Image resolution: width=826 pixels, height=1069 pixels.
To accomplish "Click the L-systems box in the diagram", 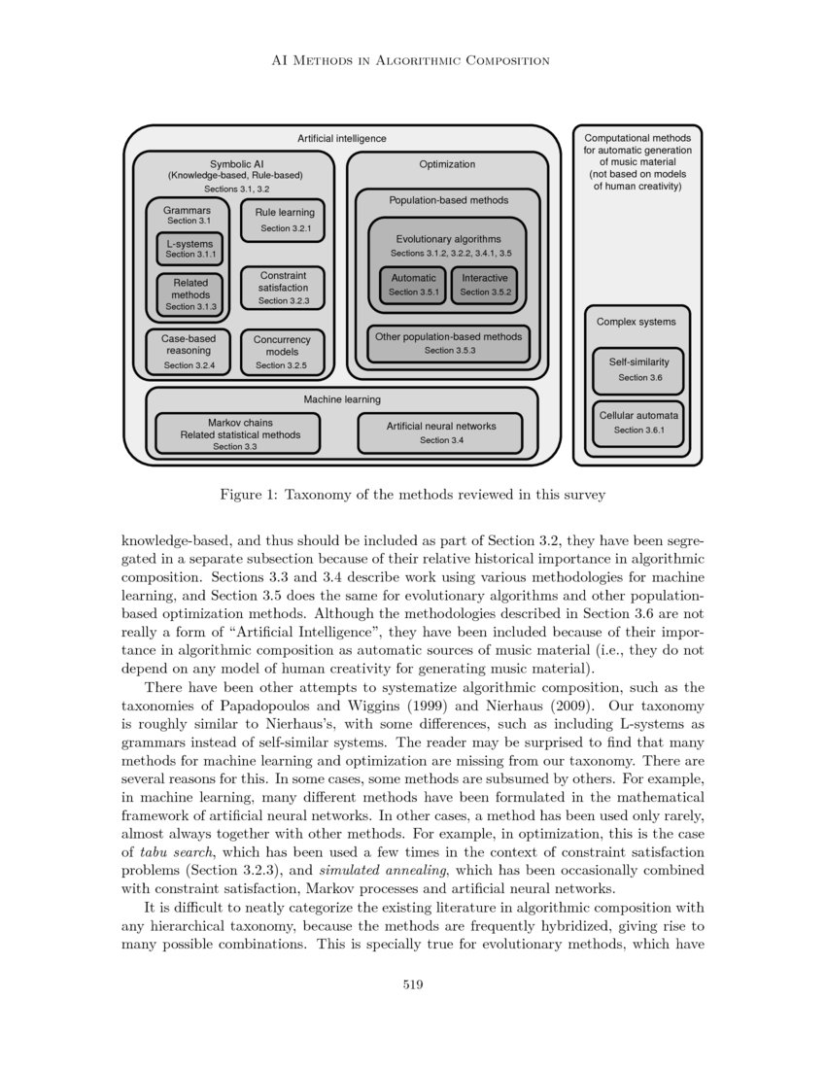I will [x=190, y=249].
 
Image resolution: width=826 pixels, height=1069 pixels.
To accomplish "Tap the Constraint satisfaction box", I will [x=284, y=288].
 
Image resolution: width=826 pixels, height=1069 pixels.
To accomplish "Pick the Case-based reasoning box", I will [x=189, y=352].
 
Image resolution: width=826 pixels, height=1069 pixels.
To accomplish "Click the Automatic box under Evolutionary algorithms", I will [x=413, y=284].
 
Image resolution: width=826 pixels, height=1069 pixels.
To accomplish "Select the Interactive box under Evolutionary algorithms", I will [x=485, y=284].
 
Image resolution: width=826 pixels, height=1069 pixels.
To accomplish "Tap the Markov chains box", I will [x=240, y=434].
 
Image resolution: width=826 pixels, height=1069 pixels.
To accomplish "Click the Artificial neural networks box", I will [x=440, y=432].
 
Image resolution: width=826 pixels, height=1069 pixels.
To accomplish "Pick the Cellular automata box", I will [x=638, y=423].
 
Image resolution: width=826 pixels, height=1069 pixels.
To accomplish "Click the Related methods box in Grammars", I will [x=190, y=293].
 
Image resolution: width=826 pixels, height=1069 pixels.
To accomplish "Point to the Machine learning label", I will [x=341, y=399].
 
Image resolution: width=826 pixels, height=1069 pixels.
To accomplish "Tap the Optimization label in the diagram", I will [x=447, y=164].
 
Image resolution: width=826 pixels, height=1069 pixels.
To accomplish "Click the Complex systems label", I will [x=637, y=322].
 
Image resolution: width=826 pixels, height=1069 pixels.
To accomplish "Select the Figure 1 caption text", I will [x=412, y=495].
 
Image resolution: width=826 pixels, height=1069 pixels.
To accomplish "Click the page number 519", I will [x=413, y=984].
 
